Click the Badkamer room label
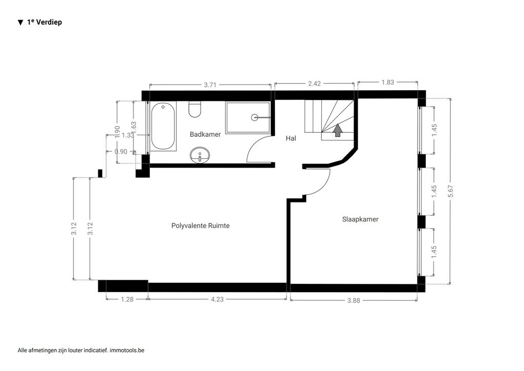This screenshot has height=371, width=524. pos(205,134)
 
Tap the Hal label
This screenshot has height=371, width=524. pos(291,138)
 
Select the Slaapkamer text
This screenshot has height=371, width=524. pos(360,219)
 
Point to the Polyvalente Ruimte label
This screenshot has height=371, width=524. pos(201,226)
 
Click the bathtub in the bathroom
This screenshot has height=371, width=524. pos(163,126)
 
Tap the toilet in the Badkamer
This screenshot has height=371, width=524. pos(195,109)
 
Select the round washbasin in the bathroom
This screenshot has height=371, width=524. pos(200,155)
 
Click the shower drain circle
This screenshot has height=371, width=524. pos(255,117)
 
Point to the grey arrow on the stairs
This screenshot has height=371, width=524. pos(338,130)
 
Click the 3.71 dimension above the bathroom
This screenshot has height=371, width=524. pos(210,85)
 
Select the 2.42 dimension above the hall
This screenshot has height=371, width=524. pos(315,84)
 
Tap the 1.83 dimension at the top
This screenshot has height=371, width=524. pos(388,83)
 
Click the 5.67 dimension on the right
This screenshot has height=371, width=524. pos(451,191)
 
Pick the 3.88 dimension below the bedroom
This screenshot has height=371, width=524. pos(354,301)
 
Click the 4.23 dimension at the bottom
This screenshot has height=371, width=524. pos(217,299)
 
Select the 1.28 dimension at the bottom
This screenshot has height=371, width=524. pos(127,299)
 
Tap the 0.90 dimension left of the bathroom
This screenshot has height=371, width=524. pos(121,152)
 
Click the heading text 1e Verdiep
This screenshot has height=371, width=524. pos(45,22)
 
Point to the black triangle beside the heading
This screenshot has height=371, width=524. pos(20,23)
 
